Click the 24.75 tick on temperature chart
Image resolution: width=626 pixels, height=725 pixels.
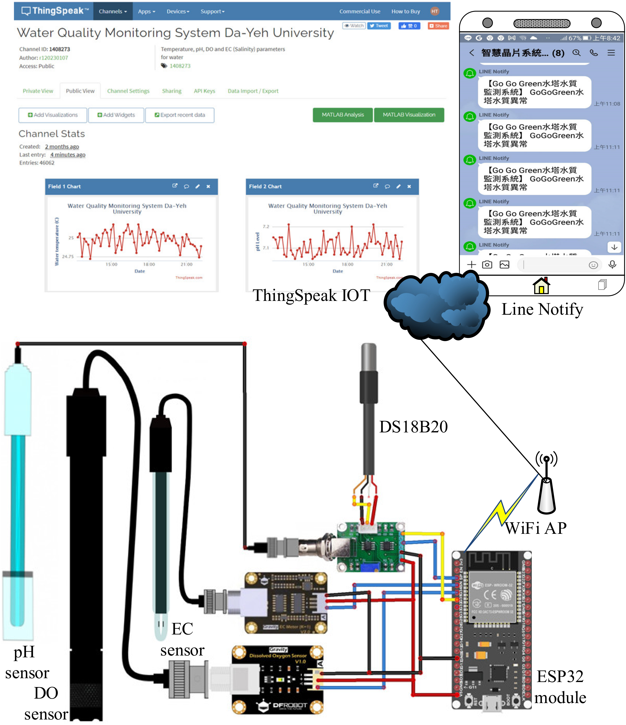[68, 257]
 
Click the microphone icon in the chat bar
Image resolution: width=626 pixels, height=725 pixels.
[612, 265]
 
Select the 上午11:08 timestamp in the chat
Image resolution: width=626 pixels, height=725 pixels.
[607, 104]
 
